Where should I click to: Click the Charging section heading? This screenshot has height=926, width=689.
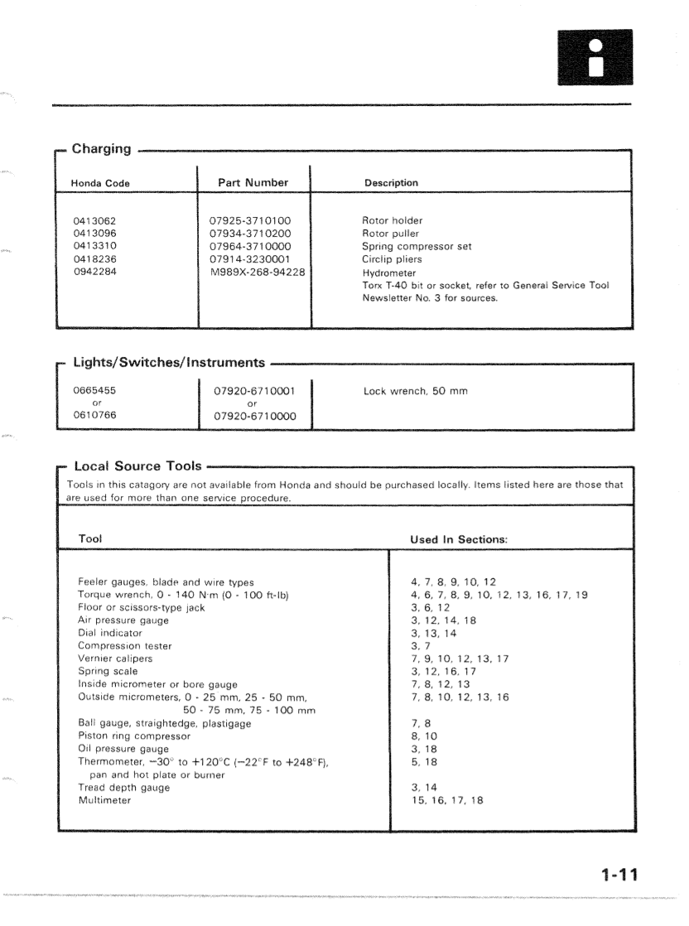point(101,149)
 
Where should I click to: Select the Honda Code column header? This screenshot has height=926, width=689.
point(103,183)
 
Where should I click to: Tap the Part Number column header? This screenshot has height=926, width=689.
point(253,182)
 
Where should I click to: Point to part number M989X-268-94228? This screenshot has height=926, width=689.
point(257,272)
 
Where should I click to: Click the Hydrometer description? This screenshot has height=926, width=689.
point(390,272)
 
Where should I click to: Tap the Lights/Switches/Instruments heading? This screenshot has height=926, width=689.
point(171,362)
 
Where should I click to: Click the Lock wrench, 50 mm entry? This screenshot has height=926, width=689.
point(416,390)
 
